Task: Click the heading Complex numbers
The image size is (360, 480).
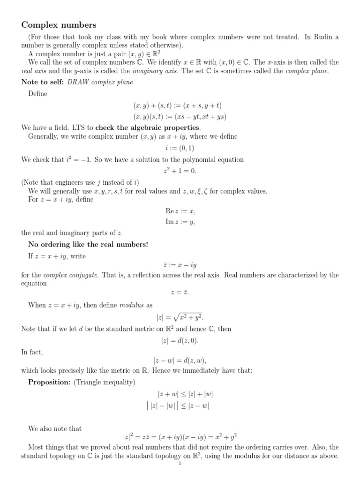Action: pyautogui.click(x=59, y=24)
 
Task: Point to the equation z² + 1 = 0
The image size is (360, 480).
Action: pyautogui.click(x=180, y=171)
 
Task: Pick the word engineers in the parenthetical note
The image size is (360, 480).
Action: pyautogui.click(x=70, y=182)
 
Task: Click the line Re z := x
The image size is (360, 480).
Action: pyautogui.click(x=180, y=211)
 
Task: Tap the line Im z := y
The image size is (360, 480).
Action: pyautogui.click(x=180, y=222)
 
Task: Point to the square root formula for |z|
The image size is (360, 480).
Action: pyautogui.click(x=180, y=317)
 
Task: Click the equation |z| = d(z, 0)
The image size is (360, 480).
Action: pyautogui.click(x=180, y=340)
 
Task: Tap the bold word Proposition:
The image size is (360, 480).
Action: pyautogui.click(x=49, y=382)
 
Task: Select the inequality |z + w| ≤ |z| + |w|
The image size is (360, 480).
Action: pyautogui.click(x=180, y=394)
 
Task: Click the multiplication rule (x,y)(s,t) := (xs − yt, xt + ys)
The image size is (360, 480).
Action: pyautogui.click(x=180, y=116)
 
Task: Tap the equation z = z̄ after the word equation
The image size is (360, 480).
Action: pyautogui.click(x=180, y=293)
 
